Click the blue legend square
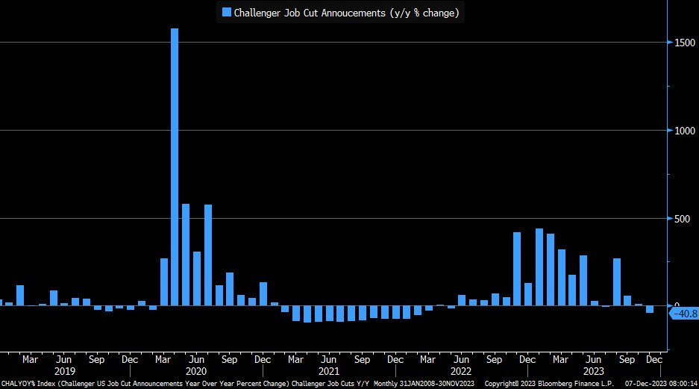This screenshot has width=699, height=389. [227, 12]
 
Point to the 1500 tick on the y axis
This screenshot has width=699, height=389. [682, 42]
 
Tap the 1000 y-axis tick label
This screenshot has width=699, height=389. [682, 131]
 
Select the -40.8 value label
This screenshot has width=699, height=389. [684, 314]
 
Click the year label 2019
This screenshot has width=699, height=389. [64, 371]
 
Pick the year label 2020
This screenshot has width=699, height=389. [196, 371]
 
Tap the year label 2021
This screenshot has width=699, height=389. [329, 371]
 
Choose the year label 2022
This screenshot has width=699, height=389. [461, 371]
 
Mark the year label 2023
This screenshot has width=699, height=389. [594, 371]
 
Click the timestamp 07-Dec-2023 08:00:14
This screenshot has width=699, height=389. [660, 383]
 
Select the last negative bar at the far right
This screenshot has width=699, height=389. [650, 309]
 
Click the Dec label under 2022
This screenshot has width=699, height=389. [527, 359]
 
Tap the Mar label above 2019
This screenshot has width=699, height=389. [30, 359]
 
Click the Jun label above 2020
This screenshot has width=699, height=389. [196, 359]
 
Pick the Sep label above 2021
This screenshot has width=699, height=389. [362, 359]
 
